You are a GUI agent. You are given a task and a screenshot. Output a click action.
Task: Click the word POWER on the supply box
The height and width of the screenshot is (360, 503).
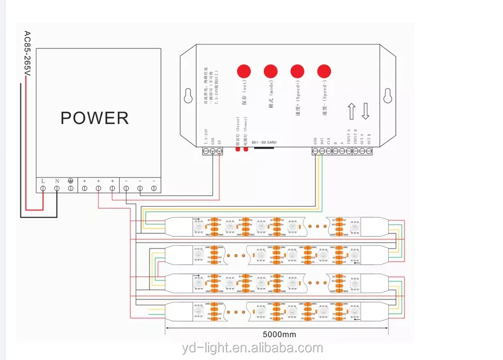click(x=94, y=117)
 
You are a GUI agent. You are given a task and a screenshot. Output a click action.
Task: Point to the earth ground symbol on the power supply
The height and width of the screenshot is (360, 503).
click(x=70, y=181)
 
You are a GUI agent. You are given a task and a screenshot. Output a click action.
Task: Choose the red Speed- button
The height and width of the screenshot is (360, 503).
click(x=324, y=71)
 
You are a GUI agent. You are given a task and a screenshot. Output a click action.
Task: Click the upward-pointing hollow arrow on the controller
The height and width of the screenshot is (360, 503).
click(x=352, y=112)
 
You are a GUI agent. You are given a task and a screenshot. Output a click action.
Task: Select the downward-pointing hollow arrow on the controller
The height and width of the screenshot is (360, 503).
click(x=366, y=112)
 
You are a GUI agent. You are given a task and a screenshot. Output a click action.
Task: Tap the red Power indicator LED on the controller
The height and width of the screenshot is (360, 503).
click(x=246, y=151)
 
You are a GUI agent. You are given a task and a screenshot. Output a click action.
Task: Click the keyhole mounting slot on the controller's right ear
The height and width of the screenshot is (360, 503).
click(x=387, y=95)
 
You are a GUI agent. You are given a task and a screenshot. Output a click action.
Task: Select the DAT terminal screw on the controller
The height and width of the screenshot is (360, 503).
click(x=322, y=152)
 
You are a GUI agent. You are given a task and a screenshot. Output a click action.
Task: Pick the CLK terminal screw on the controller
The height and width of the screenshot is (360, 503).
click(x=328, y=152)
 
